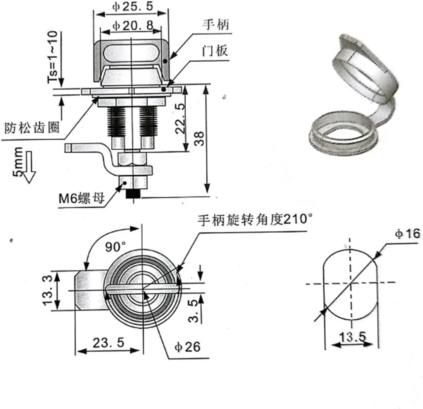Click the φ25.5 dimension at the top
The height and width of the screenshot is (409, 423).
[x=133, y=7]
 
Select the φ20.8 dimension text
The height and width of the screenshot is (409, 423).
[x=133, y=26]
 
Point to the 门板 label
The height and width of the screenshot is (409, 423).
[x=215, y=51]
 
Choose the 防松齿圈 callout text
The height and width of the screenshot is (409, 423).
[x=32, y=128]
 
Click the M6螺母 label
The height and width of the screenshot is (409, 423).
[x=82, y=199]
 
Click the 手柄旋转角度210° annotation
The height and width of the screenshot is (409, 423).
[x=255, y=220]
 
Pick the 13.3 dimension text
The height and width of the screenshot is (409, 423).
[x=47, y=290]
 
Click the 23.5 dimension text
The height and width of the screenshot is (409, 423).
[x=108, y=343]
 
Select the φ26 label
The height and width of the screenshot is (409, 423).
[x=187, y=347]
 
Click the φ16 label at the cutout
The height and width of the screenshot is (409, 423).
[x=407, y=234]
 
